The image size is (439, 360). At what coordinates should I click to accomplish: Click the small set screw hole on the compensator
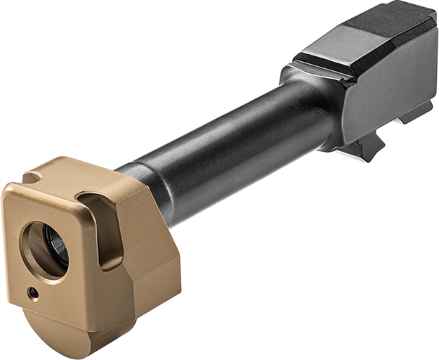coord(32,291)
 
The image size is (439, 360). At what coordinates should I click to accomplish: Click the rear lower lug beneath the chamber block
coord(418,112)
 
